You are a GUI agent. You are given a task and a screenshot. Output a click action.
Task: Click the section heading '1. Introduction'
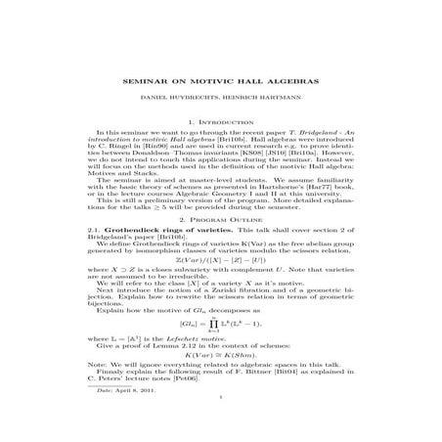(220, 121)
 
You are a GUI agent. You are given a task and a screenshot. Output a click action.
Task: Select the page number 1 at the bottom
(221, 423)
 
